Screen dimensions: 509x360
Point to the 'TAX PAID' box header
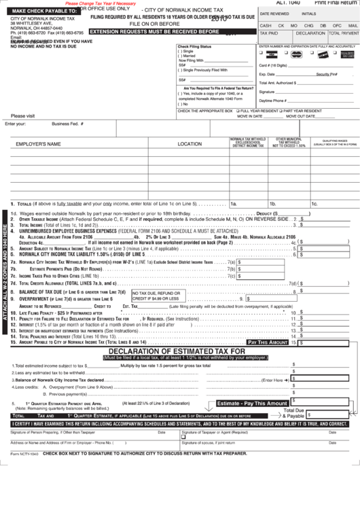269,33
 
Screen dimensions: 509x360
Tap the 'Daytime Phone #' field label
273,100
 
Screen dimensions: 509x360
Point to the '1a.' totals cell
234,203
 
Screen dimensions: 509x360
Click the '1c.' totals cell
314,203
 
